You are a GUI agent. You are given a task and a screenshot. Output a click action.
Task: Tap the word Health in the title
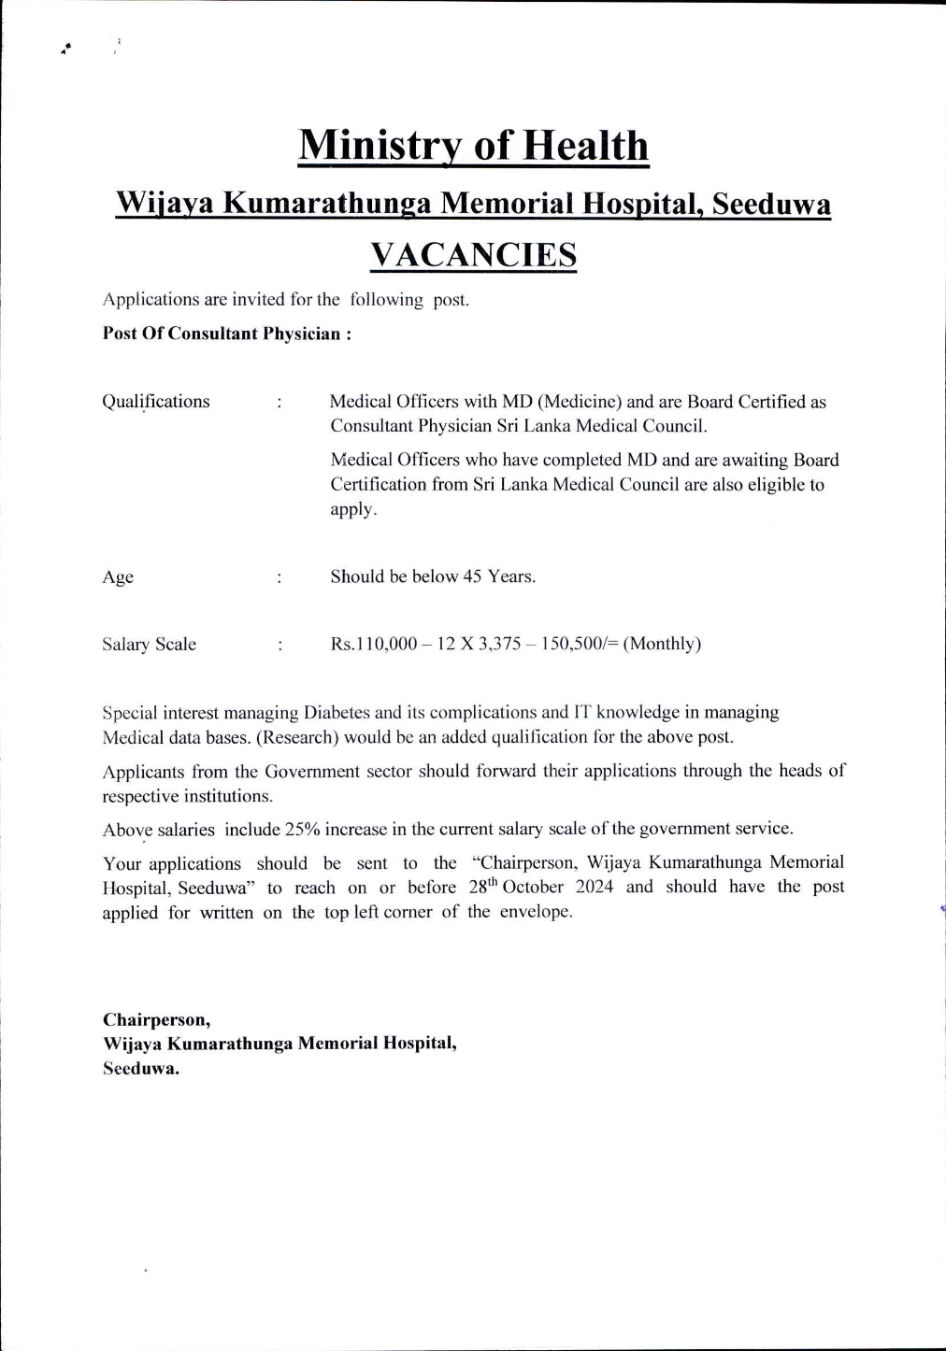pos(584,146)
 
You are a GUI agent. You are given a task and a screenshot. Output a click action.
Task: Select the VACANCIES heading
pos(473,254)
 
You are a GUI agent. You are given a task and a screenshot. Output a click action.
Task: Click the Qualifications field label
pos(156,402)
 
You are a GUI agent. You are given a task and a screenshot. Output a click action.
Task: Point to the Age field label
pos(118,577)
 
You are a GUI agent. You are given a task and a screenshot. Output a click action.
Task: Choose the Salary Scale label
pos(149,644)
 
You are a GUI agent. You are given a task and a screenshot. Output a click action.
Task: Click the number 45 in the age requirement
pos(472,576)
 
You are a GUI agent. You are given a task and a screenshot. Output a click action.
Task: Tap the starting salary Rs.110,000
pos(374,644)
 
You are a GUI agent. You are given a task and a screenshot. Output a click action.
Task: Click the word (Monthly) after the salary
pos(662,644)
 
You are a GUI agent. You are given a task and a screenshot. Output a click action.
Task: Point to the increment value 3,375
pos(499,644)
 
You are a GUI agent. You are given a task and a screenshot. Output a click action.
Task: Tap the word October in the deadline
pos(533,887)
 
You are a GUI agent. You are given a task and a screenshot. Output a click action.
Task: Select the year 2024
pos(595,887)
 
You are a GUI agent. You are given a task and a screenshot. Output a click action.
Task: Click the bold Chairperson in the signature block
pos(156,1019)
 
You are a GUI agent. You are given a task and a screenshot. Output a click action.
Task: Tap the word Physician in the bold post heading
pos(301,334)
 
